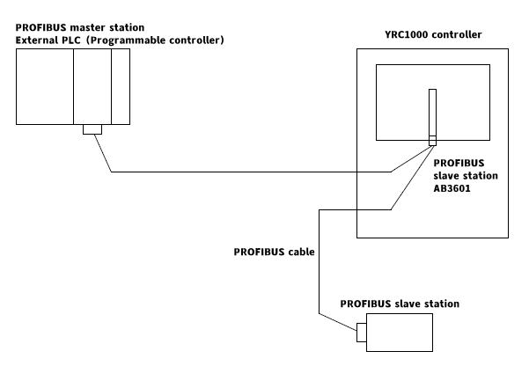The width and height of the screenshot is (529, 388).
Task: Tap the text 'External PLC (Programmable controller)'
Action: coord(120,40)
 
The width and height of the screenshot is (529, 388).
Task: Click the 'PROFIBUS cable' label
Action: coord(275,251)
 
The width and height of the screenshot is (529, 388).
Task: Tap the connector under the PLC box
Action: coord(92,130)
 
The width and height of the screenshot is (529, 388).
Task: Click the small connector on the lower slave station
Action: coord(361,333)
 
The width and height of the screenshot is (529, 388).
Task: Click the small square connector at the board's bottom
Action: coord(432,141)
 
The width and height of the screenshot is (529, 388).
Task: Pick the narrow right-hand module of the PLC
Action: coord(121,86)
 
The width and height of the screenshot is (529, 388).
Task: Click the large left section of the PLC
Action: coord(45,86)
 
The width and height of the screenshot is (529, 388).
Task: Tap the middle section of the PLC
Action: coord(92,86)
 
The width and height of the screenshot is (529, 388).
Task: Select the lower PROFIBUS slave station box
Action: coord(399,333)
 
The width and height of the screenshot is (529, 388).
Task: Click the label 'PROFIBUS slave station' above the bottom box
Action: coord(400,304)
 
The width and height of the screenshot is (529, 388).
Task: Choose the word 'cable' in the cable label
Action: coord(301,251)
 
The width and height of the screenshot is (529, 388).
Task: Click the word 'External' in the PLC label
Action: coord(36,40)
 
